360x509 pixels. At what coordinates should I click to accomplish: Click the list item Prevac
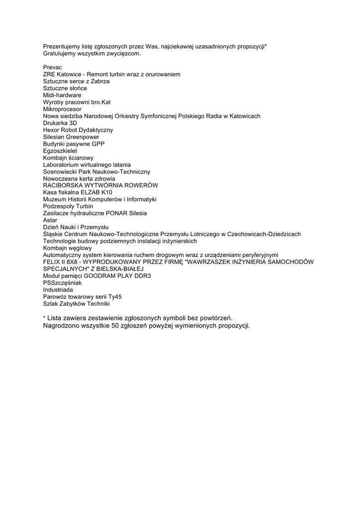tap(52, 67)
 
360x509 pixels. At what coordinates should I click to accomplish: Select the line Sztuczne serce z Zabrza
tap(76, 81)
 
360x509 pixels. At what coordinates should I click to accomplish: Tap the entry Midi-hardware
tap(62, 95)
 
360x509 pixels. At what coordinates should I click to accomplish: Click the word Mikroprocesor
tap(62, 109)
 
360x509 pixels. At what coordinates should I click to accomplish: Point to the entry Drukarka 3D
tap(60, 123)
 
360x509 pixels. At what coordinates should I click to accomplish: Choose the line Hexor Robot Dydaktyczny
tap(78, 130)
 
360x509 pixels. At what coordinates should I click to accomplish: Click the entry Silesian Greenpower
tap(71, 137)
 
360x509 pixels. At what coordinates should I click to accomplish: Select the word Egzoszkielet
tap(60, 151)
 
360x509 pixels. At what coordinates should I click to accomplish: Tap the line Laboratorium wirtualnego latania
tap(87, 165)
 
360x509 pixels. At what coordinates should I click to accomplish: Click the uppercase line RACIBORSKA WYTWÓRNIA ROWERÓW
tap(100, 185)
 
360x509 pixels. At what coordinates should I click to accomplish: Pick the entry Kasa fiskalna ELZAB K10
tap(78, 192)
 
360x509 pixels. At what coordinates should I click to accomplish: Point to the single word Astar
tap(50, 220)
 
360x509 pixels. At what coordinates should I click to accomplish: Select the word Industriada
tap(58, 290)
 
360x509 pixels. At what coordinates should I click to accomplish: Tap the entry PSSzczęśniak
tap(62, 283)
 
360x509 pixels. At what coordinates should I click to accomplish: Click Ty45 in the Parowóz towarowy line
tap(115, 297)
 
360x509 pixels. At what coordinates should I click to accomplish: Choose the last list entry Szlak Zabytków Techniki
tap(76, 304)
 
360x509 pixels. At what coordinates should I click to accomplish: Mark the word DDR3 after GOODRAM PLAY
tap(142, 276)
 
